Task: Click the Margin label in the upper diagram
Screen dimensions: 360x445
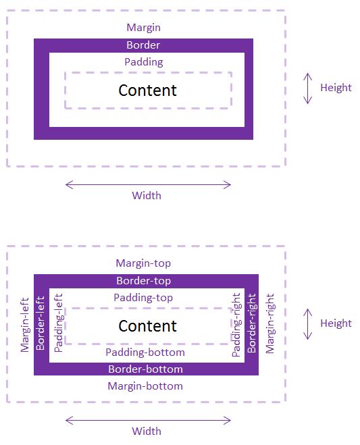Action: (x=143, y=28)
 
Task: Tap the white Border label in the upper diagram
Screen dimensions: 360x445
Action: (x=143, y=45)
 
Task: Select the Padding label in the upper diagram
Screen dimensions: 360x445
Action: (x=144, y=62)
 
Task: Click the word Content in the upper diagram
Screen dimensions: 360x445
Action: (x=147, y=90)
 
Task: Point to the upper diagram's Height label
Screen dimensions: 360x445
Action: (x=336, y=88)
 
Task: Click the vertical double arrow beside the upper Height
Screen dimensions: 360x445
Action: (x=308, y=88)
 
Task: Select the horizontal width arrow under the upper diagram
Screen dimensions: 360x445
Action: (x=148, y=185)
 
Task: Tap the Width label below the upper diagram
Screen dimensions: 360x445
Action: (x=147, y=196)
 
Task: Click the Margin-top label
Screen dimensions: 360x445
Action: (x=143, y=263)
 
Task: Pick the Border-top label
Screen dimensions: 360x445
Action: (x=144, y=281)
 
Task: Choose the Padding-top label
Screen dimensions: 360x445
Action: (x=143, y=298)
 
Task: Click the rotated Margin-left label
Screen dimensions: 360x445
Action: (x=25, y=325)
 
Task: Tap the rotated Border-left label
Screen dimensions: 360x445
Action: (x=41, y=323)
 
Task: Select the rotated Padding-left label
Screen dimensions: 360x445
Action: (x=59, y=323)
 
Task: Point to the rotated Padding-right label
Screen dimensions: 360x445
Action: (x=236, y=325)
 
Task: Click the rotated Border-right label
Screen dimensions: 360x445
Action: (x=252, y=323)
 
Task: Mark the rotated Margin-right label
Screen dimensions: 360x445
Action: (x=270, y=323)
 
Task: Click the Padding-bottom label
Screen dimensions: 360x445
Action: (x=145, y=352)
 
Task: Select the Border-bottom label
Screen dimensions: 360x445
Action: (x=145, y=369)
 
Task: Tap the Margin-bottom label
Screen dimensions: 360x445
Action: (x=145, y=386)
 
